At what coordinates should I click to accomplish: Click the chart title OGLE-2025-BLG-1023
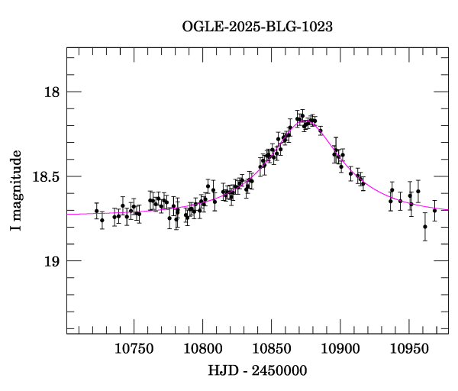(257, 26)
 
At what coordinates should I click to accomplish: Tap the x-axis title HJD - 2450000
(258, 370)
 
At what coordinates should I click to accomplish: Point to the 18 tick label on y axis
(52, 92)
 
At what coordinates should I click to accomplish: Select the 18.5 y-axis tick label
(46, 176)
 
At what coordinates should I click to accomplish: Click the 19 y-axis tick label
(52, 261)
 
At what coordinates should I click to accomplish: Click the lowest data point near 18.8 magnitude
(425, 227)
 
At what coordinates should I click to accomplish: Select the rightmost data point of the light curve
(434, 210)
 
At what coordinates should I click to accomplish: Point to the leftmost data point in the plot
(96, 211)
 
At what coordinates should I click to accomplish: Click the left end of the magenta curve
(67, 214)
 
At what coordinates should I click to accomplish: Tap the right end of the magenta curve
(448, 209)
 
